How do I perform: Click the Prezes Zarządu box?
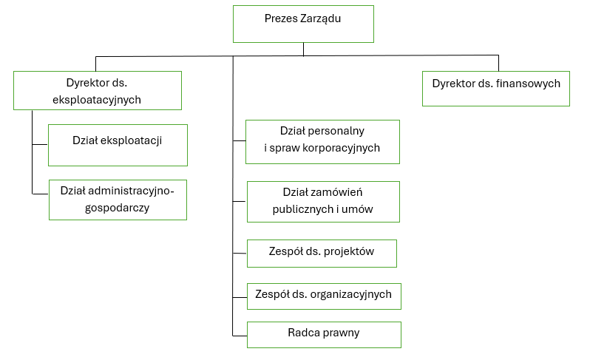click(303, 24)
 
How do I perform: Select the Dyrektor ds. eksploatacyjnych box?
click(98, 90)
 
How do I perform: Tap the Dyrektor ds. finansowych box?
click(496, 89)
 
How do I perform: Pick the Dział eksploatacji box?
click(118, 145)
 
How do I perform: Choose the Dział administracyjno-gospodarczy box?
click(118, 200)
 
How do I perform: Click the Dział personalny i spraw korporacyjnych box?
click(322, 141)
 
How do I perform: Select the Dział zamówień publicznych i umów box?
click(322, 201)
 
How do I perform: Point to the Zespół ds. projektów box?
click(322, 253)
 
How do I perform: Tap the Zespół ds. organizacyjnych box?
click(323, 296)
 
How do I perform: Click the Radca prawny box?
click(324, 334)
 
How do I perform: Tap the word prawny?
click(342, 333)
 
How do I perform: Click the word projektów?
click(350, 251)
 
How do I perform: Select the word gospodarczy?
click(118, 208)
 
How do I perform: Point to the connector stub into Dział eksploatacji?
click(40, 145)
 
